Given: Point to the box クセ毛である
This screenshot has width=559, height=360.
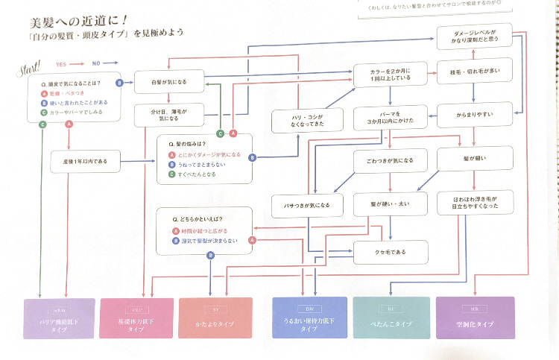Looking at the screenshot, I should tap(391, 252).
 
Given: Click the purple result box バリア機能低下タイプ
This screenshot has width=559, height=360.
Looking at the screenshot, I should tap(60, 318).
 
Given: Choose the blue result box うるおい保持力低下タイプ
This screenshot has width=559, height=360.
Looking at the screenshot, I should tap(309, 318).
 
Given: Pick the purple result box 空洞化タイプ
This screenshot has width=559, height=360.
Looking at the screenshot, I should tap(474, 317).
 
